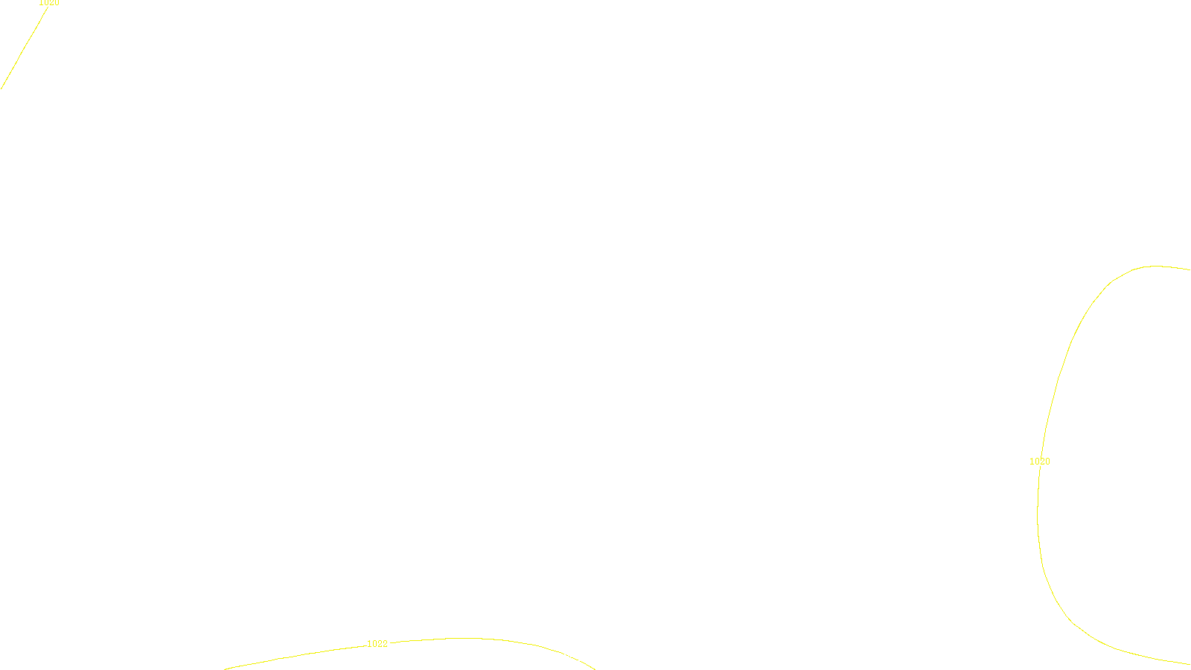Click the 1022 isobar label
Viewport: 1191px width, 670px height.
[x=377, y=644]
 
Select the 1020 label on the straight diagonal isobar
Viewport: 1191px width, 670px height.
[x=49, y=3]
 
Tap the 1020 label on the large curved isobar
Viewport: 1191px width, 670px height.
[x=1040, y=462]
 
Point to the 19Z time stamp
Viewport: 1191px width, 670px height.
[x=564, y=658]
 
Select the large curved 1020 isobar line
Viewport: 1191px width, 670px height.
[x=1057, y=387]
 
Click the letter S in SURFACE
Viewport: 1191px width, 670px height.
[x=581, y=658]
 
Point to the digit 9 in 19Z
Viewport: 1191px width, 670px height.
[x=564, y=658]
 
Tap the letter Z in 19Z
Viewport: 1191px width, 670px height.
[x=569, y=658]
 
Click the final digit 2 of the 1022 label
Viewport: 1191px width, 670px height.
[x=385, y=644]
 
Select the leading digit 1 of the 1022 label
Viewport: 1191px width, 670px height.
[x=370, y=644]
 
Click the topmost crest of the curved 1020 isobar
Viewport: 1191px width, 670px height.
[x=1155, y=266]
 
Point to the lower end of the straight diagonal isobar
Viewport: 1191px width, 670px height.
[x=1, y=88]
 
